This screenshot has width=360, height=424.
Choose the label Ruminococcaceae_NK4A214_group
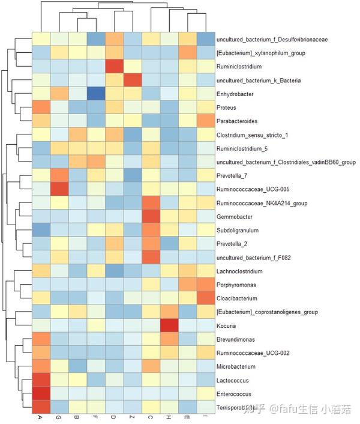262,202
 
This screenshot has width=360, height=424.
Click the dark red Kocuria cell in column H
169,326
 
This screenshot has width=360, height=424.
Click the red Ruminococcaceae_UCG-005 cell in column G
59,189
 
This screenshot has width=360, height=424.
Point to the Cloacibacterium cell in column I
205,298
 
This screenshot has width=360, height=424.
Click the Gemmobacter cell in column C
150,216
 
